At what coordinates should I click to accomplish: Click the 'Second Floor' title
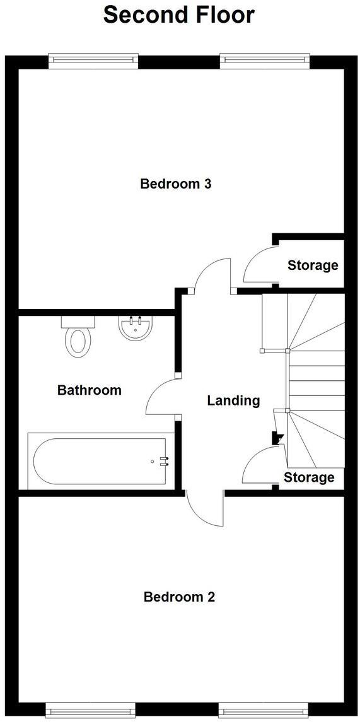click(179, 15)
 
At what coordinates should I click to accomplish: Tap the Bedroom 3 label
click(175, 184)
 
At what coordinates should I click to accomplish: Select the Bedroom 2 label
click(179, 597)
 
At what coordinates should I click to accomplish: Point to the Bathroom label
click(89, 390)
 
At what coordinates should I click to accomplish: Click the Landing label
click(233, 400)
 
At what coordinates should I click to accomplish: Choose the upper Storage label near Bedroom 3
click(313, 265)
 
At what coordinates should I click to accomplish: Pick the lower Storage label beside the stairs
click(309, 477)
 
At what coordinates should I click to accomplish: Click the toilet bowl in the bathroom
click(79, 341)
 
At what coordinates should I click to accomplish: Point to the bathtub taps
click(164, 462)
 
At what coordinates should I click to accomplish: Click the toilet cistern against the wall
click(78, 321)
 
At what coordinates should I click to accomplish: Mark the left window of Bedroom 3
click(93, 61)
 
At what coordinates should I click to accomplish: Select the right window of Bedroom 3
click(265, 61)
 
